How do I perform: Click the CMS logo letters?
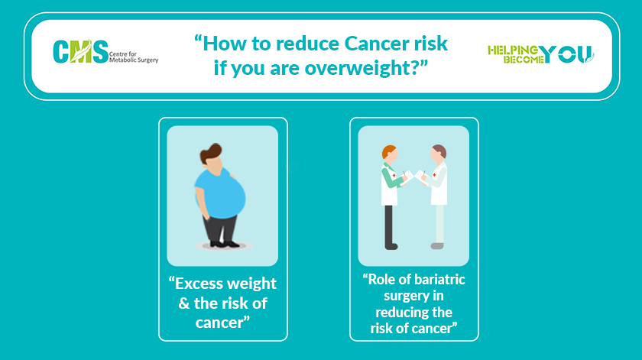pos(81,52)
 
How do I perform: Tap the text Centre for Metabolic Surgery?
pos(134,57)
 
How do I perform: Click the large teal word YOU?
pos(566,54)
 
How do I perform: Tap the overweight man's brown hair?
pos(210,153)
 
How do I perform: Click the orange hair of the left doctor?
pos(388,151)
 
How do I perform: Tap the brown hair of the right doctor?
pos(440,151)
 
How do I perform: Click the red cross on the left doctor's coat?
pos(394,175)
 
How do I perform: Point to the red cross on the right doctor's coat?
pos(434,175)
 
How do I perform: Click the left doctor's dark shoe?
pos(391,247)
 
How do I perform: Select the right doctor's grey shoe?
pos(437,246)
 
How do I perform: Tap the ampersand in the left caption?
pos(184,303)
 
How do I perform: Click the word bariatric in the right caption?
pos(439,280)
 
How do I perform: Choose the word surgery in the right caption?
pos(402,297)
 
